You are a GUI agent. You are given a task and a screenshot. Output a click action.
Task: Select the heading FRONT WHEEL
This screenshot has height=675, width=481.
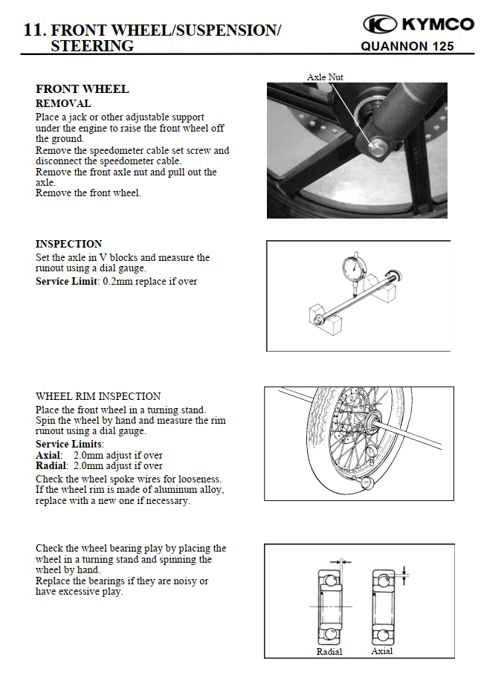click(x=82, y=89)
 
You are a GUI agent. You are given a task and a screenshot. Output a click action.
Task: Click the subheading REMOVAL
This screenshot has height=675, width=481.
click(x=63, y=103)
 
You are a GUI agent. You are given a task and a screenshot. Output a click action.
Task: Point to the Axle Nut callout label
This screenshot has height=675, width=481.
click(x=325, y=77)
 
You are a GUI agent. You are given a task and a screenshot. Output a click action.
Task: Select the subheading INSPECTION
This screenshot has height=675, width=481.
click(x=68, y=244)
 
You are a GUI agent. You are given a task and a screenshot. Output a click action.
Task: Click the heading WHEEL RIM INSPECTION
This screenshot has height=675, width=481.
click(x=98, y=396)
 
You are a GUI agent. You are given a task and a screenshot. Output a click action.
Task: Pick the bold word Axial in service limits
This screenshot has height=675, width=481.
click(x=48, y=455)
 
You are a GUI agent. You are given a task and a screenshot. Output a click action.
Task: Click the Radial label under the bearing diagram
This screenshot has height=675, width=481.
click(x=329, y=652)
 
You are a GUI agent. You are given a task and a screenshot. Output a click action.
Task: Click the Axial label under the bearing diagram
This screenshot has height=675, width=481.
click(x=382, y=651)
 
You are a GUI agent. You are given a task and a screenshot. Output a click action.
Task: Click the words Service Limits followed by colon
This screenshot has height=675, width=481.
click(x=69, y=444)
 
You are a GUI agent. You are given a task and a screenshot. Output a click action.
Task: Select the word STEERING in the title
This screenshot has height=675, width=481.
click(x=92, y=46)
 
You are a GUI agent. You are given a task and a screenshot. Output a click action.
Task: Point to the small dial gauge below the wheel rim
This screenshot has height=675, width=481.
click(x=365, y=483)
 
